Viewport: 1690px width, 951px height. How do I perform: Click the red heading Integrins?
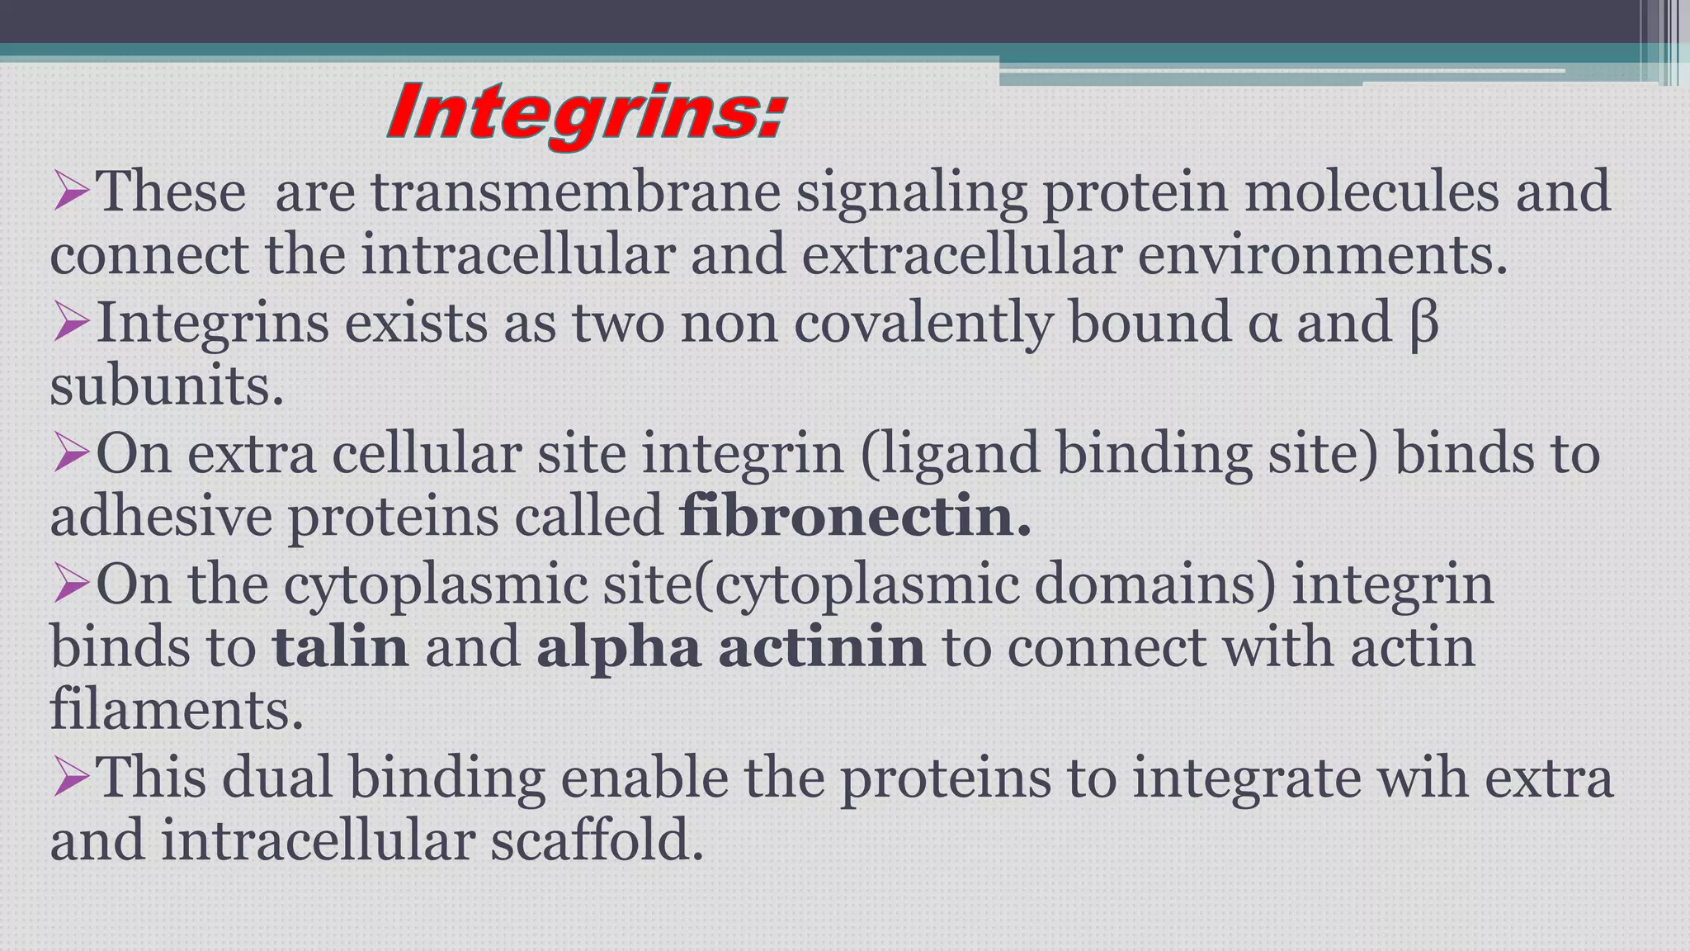586,113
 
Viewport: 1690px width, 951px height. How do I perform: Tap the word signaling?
910,192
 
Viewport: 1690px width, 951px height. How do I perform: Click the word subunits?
166,386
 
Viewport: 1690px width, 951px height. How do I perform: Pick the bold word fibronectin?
855,516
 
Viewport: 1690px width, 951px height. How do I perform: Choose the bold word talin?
340,646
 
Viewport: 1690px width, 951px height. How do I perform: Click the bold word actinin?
821,646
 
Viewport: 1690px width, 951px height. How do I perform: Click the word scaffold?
597,840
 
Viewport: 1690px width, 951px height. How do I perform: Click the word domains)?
1154,584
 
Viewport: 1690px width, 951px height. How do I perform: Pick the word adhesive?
160,516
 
